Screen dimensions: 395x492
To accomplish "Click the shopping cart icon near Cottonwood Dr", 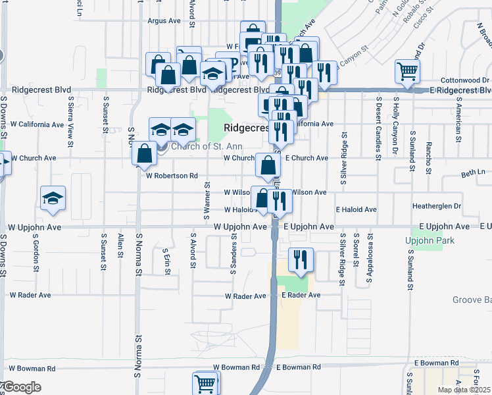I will [x=407, y=70].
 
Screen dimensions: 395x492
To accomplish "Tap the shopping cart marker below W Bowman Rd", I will [x=205, y=382].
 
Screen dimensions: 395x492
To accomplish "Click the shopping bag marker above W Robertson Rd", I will [x=143, y=154].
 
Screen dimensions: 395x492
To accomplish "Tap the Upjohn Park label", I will [x=430, y=241].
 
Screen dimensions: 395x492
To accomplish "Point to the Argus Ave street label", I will [x=164, y=21].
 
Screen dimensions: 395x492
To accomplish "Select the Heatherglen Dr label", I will [x=437, y=206].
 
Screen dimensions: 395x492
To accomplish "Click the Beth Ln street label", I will [x=472, y=174].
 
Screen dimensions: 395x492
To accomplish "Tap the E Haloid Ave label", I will [x=356, y=209].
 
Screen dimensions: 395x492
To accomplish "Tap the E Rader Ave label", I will [x=301, y=295].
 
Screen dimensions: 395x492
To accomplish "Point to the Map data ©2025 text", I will [x=464, y=390].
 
